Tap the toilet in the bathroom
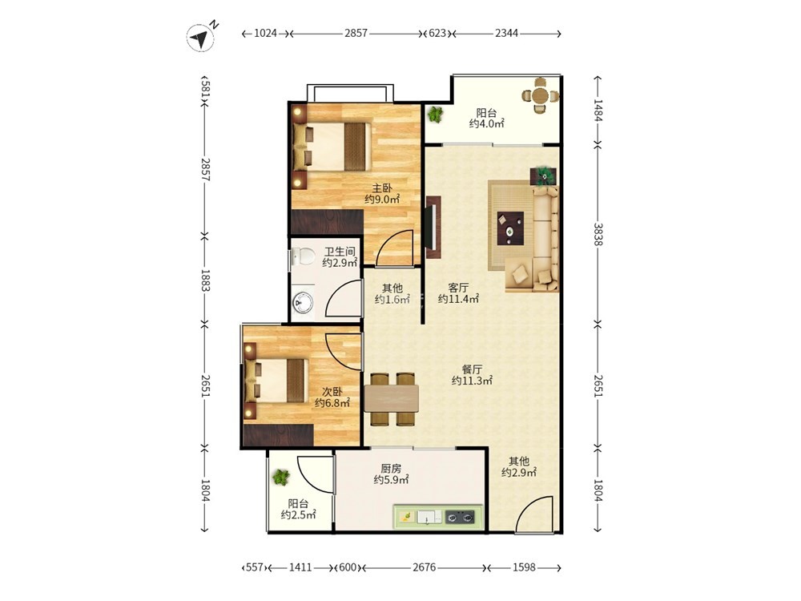[x=303, y=256]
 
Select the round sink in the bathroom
[x=303, y=302]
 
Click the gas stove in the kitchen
[x=461, y=517]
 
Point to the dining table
[x=392, y=398]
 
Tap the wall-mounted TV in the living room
[x=433, y=227]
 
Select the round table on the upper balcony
[x=539, y=95]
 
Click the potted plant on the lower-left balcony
[x=280, y=478]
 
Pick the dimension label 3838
[x=598, y=235]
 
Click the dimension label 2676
[x=425, y=567]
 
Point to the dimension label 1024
[x=265, y=34]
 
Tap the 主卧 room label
[x=382, y=188]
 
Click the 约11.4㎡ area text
[x=458, y=299]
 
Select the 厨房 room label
[x=391, y=468]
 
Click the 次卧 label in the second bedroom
[x=332, y=392]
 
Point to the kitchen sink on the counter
[x=429, y=517]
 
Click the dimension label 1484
[x=598, y=111]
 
